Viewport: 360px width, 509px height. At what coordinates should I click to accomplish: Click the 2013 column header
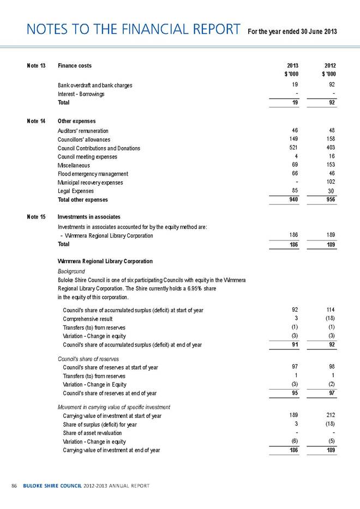click(x=292, y=66)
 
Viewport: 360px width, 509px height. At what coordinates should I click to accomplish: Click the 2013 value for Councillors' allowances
click(x=293, y=140)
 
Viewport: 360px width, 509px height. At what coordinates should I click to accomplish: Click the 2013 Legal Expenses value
click(x=294, y=190)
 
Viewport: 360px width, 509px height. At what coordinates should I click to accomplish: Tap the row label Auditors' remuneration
click(x=83, y=131)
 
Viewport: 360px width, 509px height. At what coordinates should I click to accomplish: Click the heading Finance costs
click(x=75, y=66)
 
